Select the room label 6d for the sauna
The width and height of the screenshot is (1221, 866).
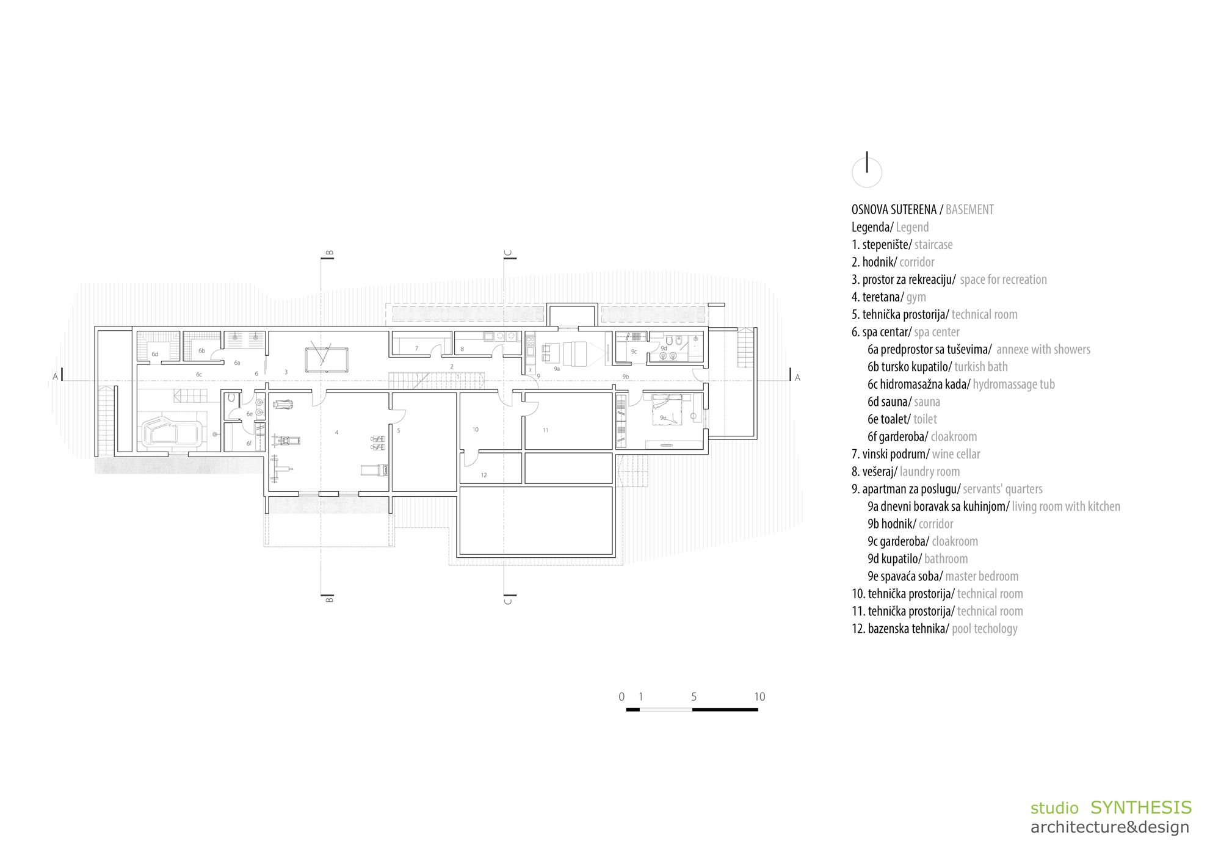tap(155, 355)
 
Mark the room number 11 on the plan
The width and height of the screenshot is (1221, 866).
tap(546, 430)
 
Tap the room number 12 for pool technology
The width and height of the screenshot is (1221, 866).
tap(484, 475)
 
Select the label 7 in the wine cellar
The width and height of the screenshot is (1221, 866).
tap(416, 348)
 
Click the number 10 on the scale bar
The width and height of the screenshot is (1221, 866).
tap(759, 696)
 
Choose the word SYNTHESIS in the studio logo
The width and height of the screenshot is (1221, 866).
tap(1141, 807)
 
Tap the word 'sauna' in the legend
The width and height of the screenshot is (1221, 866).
tap(927, 402)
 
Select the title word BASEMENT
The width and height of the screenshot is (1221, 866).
tap(969, 210)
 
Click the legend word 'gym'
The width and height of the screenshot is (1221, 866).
tap(916, 298)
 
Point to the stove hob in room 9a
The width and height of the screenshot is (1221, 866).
tap(531, 347)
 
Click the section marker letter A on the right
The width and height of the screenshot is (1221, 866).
tap(797, 378)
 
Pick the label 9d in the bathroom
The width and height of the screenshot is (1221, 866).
tap(664, 348)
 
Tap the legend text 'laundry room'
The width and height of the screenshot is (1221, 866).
tap(930, 472)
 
